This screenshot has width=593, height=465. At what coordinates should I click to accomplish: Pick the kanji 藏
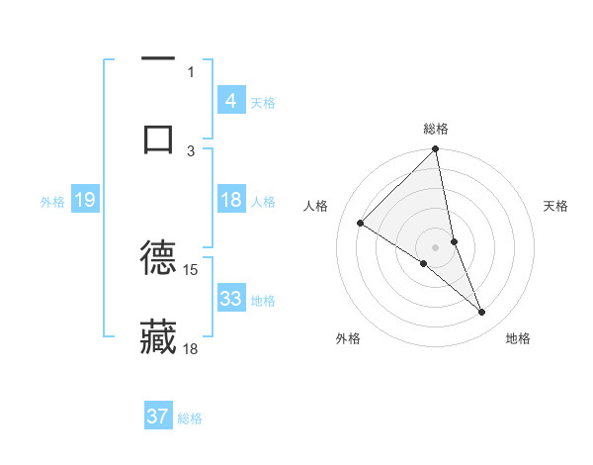pyautogui.click(x=158, y=336)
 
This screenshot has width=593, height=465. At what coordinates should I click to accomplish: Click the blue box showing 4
pyautogui.click(x=230, y=101)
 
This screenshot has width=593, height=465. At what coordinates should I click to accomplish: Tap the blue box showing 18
pyautogui.click(x=230, y=200)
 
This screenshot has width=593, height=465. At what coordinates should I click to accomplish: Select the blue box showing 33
pyautogui.click(x=230, y=299)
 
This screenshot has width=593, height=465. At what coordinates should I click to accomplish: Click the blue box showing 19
pyautogui.click(x=84, y=201)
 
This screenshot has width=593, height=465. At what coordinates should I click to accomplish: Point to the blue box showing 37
pyautogui.click(x=158, y=417)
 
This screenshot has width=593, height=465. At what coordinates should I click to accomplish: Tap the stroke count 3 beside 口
pyautogui.click(x=191, y=150)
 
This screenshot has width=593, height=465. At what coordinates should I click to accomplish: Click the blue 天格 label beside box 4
pyautogui.click(x=263, y=102)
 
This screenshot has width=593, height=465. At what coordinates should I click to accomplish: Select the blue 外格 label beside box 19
pyautogui.click(x=52, y=202)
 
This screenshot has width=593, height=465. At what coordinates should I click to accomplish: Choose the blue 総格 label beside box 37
pyautogui.click(x=190, y=418)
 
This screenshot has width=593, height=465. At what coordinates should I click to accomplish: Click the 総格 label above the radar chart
pyautogui.click(x=436, y=129)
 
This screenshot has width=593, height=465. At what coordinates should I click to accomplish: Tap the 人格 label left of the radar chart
pyautogui.click(x=315, y=206)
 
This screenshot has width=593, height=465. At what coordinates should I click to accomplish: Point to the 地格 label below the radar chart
pyautogui.click(x=518, y=338)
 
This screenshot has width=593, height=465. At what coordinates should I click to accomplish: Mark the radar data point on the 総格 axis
pyautogui.click(x=435, y=150)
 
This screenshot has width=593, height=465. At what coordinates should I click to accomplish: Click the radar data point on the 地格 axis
pyautogui.click(x=482, y=313)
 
